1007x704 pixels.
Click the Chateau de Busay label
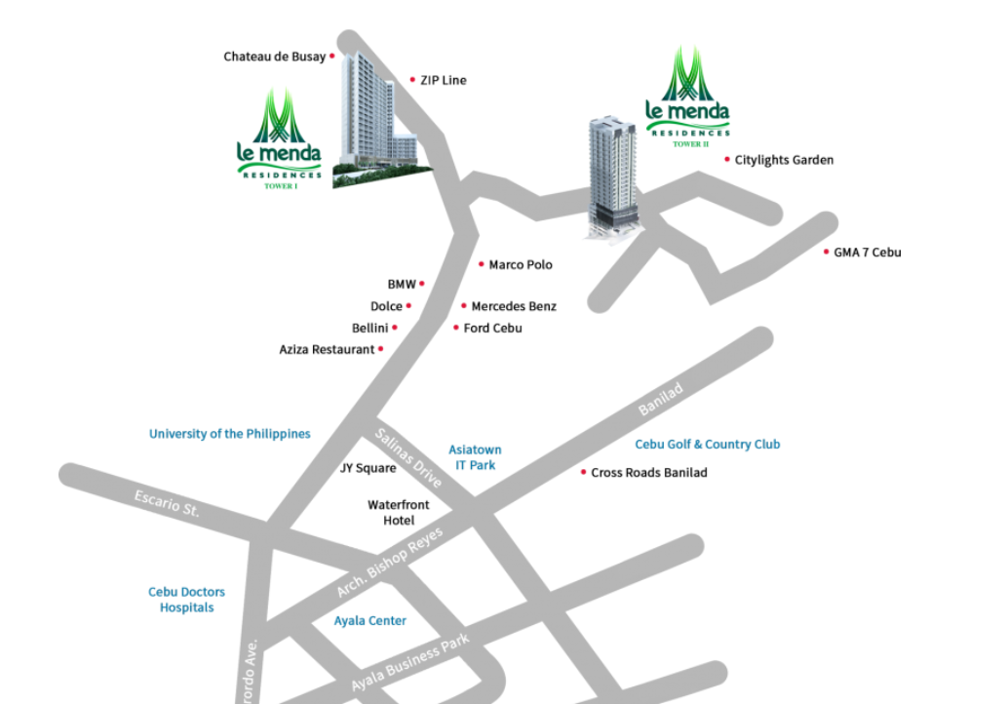click(x=274, y=57)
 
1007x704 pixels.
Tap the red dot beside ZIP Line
click(x=412, y=80)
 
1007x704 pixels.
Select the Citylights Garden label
click(x=784, y=160)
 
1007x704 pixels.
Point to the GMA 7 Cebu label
click(x=867, y=253)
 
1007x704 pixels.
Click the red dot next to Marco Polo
click(x=481, y=264)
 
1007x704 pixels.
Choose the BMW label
click(x=402, y=284)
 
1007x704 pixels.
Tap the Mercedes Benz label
click(x=514, y=306)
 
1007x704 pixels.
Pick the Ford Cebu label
click(x=492, y=329)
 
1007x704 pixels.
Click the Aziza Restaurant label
click(x=327, y=349)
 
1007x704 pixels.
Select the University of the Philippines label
click(x=229, y=434)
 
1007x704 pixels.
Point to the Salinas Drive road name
click(x=408, y=457)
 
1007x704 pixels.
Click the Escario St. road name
click(x=167, y=503)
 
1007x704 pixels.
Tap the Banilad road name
click(x=660, y=400)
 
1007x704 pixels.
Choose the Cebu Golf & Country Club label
click(x=707, y=445)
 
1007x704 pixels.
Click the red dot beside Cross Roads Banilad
click(x=583, y=472)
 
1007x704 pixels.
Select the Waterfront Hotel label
click(x=398, y=513)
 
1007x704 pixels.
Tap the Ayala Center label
click(x=369, y=621)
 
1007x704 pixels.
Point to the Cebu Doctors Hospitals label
click(x=186, y=600)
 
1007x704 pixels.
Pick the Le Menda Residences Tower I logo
click(x=279, y=138)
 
